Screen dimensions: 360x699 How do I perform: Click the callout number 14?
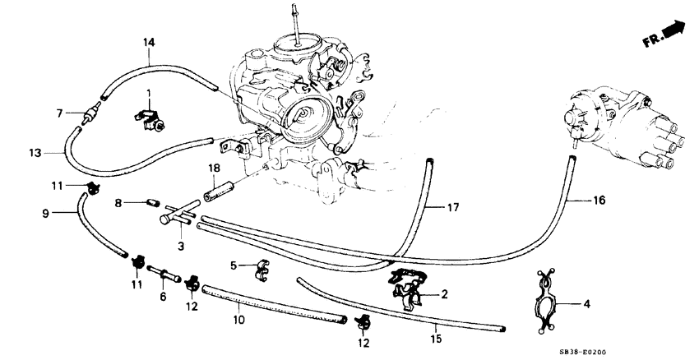pos(149,42)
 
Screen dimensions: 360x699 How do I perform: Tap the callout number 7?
pos(60,113)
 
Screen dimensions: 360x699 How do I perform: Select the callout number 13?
pos(34,152)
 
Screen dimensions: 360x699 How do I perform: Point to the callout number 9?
pos(49,214)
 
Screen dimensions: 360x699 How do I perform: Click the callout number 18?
pos(213,168)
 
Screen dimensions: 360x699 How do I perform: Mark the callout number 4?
pos(586,305)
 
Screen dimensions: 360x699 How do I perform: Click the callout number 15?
pos(437,338)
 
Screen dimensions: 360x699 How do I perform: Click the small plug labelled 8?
pos(151,202)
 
